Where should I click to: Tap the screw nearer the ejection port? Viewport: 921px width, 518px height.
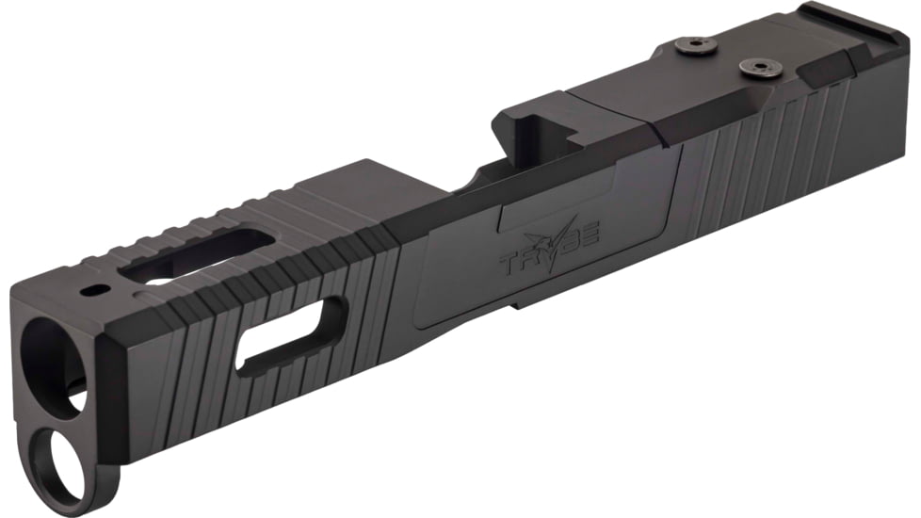[x=694, y=43]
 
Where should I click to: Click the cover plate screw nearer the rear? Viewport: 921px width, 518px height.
[x=755, y=67]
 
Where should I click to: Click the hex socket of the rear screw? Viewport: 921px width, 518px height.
[x=755, y=66]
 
